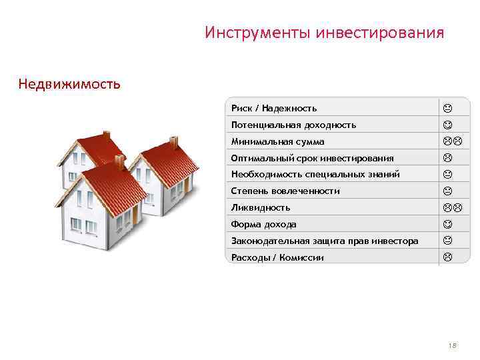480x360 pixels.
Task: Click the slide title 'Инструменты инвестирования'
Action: pos(324,33)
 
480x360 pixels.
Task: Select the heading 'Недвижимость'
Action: pos(69,84)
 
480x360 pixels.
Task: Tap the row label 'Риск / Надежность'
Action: pos(274,108)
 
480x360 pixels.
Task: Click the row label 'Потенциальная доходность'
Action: pos(293,125)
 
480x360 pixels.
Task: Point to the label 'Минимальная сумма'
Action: pos(277,141)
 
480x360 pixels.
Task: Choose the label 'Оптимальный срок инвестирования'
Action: pos(312,158)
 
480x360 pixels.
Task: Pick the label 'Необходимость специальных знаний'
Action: pos(315,175)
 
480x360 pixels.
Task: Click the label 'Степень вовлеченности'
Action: pos(285,191)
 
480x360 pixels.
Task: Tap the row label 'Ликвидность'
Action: pos(261,208)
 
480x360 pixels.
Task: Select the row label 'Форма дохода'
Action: pos(264,225)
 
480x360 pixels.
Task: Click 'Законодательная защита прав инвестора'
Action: pos(325,241)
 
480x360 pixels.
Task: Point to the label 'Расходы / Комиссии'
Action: pos(277,257)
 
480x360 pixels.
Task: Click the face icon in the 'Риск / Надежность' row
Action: pos(447,108)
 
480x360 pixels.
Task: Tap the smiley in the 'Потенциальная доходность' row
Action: pos(447,125)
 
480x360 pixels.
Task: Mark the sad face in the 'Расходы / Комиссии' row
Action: pos(447,257)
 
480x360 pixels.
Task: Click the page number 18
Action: pos(453,345)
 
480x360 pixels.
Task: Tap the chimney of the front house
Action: pos(119,160)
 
